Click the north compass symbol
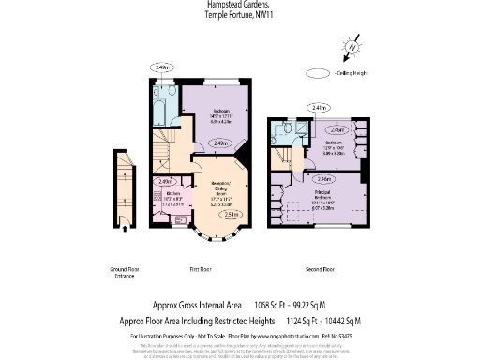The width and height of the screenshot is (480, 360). point(351,44)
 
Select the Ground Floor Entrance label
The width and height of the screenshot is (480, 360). point(124,273)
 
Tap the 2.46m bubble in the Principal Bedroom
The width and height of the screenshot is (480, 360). point(323,178)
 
